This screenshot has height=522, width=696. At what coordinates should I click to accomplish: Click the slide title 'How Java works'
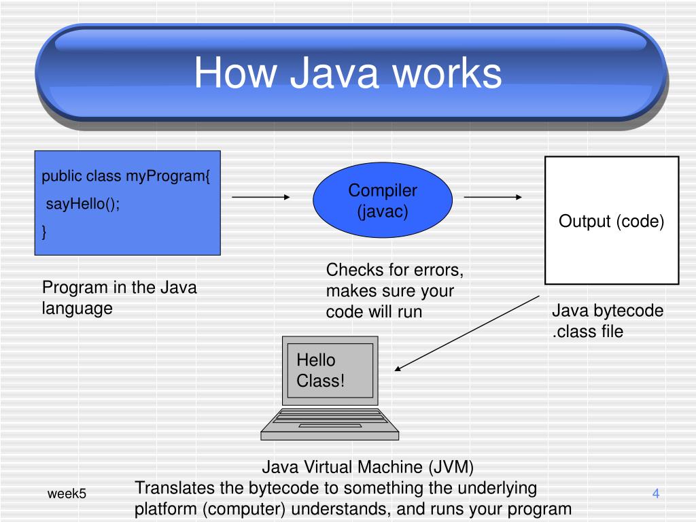pyautogui.click(x=347, y=73)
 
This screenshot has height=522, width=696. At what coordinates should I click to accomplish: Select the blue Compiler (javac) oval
pyautogui.click(x=383, y=201)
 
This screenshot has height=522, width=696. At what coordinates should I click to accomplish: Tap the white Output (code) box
pyautogui.click(x=612, y=220)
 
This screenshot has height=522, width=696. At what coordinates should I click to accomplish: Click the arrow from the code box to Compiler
pyautogui.click(x=261, y=198)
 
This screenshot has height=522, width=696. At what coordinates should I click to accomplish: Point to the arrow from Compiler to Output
pyautogui.click(x=493, y=198)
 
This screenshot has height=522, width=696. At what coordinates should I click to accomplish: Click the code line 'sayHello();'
pyautogui.click(x=82, y=205)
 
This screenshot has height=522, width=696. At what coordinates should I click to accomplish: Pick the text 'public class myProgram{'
pyautogui.click(x=126, y=177)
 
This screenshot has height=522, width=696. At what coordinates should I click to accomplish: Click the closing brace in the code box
pyautogui.click(x=45, y=232)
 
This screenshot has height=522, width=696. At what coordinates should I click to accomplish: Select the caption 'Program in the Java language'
pyautogui.click(x=119, y=298)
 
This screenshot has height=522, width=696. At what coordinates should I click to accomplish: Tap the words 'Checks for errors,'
pyautogui.click(x=395, y=271)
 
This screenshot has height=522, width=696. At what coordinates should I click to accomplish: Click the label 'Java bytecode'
pyautogui.click(x=608, y=311)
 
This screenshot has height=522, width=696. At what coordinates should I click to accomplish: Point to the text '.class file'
pyautogui.click(x=587, y=332)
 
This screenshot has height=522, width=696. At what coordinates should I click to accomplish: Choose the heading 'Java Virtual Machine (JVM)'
pyautogui.click(x=368, y=468)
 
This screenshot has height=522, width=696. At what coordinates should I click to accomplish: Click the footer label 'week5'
pyautogui.click(x=67, y=493)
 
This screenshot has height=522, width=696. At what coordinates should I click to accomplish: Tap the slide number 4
pyautogui.click(x=656, y=493)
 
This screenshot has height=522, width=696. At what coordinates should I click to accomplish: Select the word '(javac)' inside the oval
pyautogui.click(x=383, y=211)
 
